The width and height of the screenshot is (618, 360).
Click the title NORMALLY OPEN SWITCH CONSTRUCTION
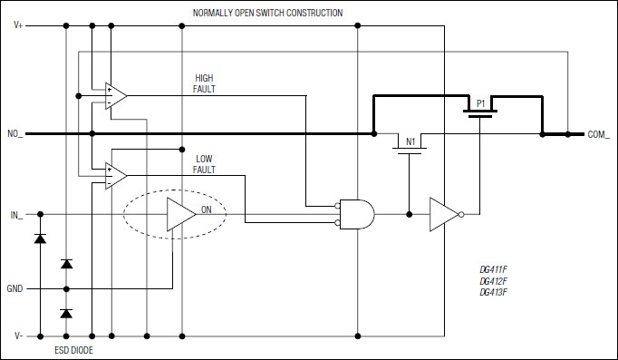point(267,13)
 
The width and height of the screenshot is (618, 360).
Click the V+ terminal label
point(19,25)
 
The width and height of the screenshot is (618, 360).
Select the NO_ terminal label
point(15,134)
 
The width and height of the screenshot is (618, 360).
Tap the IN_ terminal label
point(15,215)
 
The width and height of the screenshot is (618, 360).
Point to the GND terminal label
point(15,289)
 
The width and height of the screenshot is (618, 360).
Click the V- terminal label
point(19,336)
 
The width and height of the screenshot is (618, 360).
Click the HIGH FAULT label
point(204,83)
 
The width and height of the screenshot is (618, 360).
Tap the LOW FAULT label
point(204,163)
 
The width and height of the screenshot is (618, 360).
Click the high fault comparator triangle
point(115,95)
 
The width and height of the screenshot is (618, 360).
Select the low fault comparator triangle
point(115,174)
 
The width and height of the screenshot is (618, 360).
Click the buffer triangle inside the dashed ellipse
point(180,215)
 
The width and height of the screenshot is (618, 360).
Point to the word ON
point(207,209)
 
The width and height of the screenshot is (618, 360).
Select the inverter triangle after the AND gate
point(443,215)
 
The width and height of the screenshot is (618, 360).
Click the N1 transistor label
point(410,141)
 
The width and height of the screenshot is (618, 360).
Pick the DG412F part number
point(493,281)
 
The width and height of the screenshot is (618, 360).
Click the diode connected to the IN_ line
point(39,238)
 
